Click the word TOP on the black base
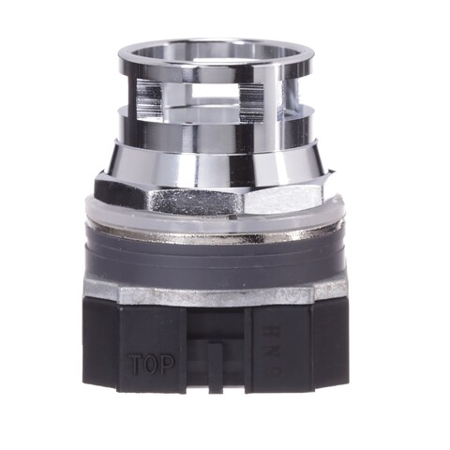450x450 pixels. pyautogui.click(x=151, y=364)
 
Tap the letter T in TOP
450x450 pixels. pyautogui.click(x=135, y=364)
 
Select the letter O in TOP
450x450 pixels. pyautogui.click(x=151, y=364)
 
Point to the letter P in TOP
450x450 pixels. pyautogui.click(x=167, y=364)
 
